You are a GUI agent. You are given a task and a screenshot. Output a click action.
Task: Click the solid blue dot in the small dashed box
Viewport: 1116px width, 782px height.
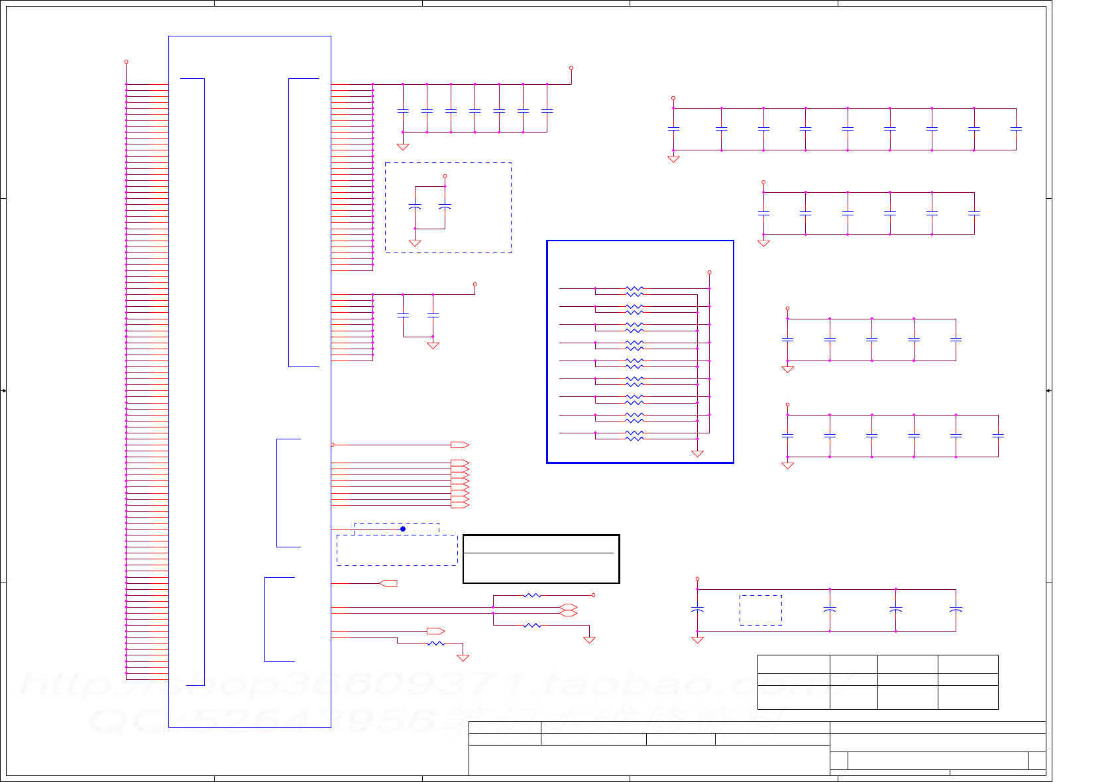point(402,529)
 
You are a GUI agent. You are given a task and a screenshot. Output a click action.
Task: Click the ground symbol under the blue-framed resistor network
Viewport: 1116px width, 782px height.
point(697,453)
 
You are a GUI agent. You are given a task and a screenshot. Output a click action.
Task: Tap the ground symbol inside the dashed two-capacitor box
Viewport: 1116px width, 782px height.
point(415,243)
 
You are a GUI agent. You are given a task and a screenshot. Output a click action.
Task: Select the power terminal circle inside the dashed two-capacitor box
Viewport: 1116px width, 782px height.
point(445,176)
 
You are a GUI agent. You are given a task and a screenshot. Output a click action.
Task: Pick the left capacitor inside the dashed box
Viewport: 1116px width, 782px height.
point(415,207)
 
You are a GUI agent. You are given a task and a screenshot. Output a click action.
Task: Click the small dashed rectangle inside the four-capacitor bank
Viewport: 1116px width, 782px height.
point(760,610)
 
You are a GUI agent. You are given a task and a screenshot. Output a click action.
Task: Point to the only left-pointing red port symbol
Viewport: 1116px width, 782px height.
point(388,583)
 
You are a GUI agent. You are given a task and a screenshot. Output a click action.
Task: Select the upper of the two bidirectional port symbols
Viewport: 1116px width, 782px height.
point(568,607)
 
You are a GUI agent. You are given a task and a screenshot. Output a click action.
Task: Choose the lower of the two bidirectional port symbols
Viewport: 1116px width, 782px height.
point(568,614)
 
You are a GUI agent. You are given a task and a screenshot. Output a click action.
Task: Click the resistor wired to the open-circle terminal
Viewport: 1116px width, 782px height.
point(532,595)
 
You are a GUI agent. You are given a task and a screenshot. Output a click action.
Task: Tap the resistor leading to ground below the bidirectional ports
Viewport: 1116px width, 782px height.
point(532,625)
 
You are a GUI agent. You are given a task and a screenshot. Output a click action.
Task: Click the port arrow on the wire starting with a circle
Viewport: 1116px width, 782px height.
point(459,445)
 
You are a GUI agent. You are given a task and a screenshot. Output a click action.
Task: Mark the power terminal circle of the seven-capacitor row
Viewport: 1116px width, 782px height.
point(571,68)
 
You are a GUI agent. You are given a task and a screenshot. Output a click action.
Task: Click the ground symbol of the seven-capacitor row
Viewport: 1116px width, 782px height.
point(402,147)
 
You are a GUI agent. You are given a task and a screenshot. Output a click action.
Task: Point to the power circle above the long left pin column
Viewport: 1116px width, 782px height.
point(126,62)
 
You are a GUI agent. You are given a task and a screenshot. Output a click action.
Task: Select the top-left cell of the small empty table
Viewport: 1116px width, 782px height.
point(793,664)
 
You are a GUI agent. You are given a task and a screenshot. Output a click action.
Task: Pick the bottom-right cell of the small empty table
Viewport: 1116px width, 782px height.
point(968,697)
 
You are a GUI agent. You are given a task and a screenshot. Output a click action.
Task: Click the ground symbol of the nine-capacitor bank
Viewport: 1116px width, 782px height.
point(673,159)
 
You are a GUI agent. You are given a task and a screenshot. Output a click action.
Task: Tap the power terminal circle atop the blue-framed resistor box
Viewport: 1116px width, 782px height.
point(709,272)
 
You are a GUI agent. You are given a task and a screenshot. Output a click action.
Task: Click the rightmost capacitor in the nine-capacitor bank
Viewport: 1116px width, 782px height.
point(1016,129)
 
